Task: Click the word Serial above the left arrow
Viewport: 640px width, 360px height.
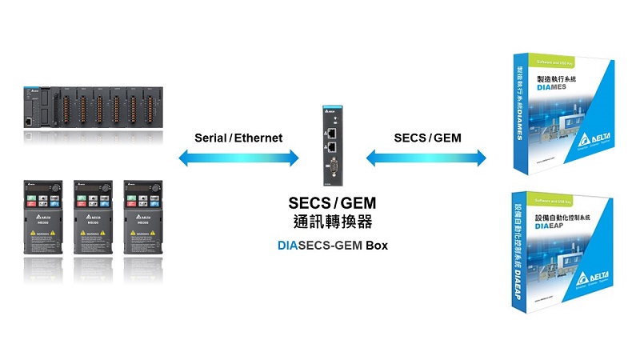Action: (x=210, y=138)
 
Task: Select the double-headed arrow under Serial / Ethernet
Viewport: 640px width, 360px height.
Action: (x=239, y=158)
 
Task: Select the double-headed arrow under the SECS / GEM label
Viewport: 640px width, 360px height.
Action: (x=426, y=158)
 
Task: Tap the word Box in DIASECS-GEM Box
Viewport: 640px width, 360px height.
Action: (x=376, y=246)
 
